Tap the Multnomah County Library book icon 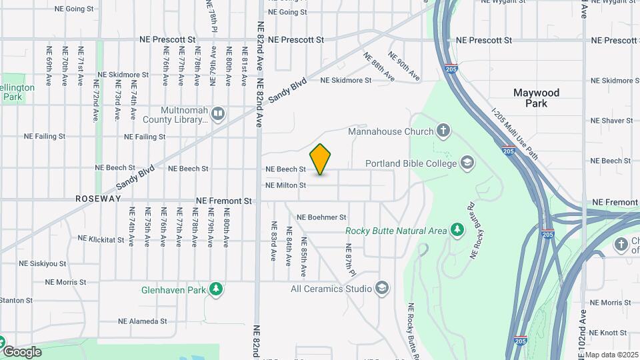tap(217, 114)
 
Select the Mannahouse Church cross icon tap(443, 131)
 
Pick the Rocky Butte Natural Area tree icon tap(457, 231)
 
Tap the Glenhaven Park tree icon tap(215, 289)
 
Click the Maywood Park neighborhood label tap(536, 98)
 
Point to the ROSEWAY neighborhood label tap(98, 199)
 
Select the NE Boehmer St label tap(321, 217)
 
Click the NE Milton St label tap(285, 185)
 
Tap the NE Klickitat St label tap(101, 238)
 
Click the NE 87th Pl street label tap(349, 261)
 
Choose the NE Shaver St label tap(611, 121)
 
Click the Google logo tap(22, 352)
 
